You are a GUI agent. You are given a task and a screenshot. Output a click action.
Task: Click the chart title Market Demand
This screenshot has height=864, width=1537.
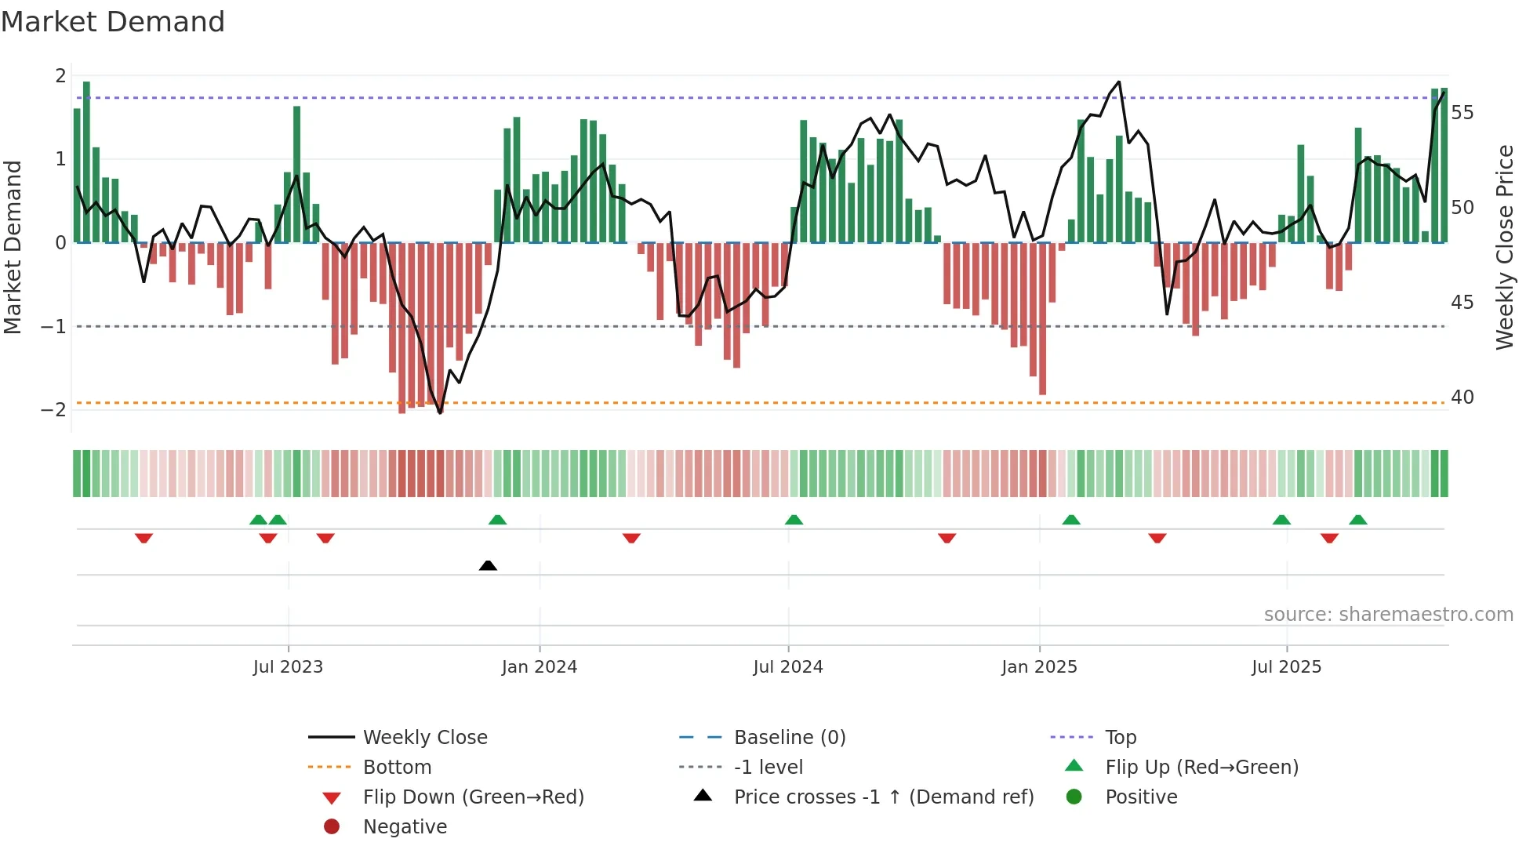coord(113,22)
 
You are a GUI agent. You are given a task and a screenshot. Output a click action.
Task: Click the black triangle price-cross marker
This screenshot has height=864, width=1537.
coord(488,565)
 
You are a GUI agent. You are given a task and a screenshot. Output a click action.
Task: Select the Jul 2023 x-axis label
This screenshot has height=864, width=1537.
coord(288,667)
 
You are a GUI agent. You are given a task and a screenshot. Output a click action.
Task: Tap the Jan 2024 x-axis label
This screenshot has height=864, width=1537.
coord(539,667)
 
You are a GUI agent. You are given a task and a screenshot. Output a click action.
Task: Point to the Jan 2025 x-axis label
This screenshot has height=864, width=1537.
coord(1039,667)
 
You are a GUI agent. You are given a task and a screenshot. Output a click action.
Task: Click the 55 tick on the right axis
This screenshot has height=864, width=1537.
coord(1462,113)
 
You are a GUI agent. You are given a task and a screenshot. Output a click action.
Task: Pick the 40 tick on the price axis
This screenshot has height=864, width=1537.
coord(1462,398)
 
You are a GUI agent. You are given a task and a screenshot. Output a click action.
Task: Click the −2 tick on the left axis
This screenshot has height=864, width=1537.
coord(53,410)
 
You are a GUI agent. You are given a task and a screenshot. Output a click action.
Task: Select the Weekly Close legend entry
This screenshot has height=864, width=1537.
coord(424,738)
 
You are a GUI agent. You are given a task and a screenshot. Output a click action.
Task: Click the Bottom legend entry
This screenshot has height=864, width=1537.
coord(397,768)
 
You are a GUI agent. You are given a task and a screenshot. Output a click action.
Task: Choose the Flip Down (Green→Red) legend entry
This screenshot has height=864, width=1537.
coord(473,797)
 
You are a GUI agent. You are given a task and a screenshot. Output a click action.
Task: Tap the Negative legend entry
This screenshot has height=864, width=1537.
coord(405,827)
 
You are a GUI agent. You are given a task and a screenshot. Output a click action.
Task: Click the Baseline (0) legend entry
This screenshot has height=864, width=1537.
coord(789,738)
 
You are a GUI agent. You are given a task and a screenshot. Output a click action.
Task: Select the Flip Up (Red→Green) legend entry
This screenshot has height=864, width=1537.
coord(1201,768)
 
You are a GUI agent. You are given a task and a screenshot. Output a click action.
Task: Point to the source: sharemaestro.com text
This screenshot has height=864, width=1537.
coord(1388,615)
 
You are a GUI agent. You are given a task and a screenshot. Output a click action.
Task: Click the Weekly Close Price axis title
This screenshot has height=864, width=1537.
coord(1504,247)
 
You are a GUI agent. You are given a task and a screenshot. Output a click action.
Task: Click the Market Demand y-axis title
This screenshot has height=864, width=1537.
coord(13,247)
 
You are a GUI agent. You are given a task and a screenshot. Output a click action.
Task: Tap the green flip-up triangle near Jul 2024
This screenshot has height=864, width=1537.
coord(794,520)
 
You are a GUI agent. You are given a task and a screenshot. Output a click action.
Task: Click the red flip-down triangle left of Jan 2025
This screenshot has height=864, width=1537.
coord(947,538)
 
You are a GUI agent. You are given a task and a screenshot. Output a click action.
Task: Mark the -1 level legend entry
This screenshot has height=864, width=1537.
coord(768,768)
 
